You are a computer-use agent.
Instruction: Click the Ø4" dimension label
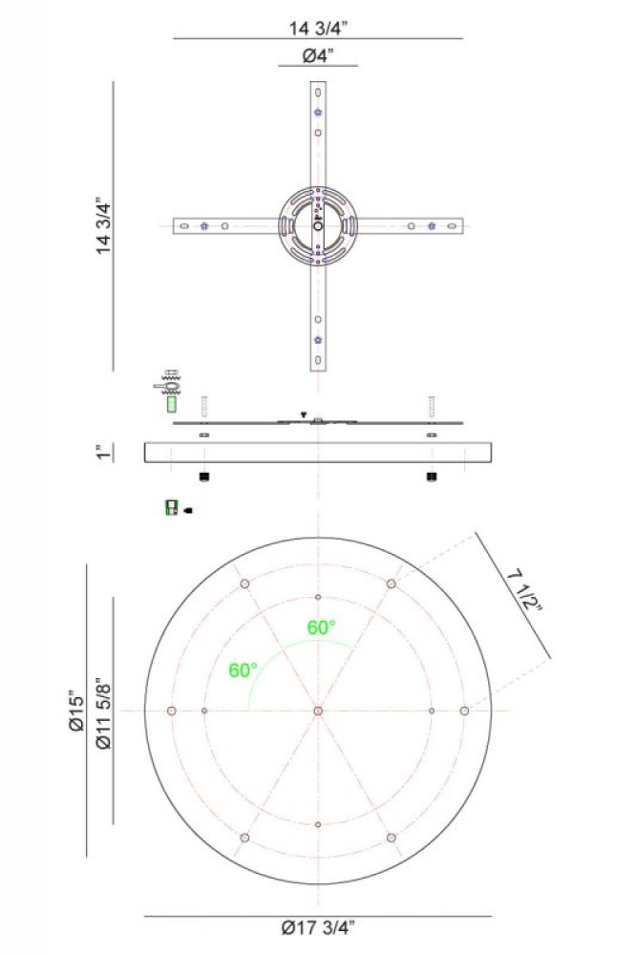319,56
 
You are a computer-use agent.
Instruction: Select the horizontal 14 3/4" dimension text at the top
318,28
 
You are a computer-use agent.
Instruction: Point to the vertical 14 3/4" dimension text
103,225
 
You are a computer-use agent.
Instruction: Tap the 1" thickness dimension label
104,453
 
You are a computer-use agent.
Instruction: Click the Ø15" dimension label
76,711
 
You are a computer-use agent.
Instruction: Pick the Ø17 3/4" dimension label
317,927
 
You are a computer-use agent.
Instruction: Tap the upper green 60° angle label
321,627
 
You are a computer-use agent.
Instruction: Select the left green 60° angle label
244,670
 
